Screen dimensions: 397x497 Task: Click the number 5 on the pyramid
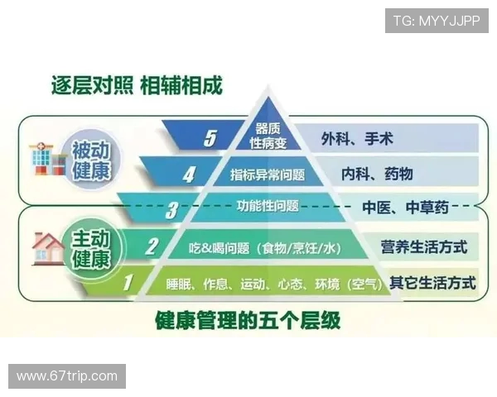point(210,138)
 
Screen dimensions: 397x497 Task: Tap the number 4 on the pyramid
point(189,175)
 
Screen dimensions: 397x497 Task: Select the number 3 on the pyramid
point(171,210)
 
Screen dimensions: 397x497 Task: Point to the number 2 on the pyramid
point(152,246)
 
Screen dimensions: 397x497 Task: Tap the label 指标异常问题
point(267,175)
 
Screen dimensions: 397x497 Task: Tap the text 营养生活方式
point(423,246)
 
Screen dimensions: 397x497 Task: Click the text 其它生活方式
point(432,282)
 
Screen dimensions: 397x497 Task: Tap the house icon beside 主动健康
point(48,246)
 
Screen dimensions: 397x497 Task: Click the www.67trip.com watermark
point(67,375)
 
